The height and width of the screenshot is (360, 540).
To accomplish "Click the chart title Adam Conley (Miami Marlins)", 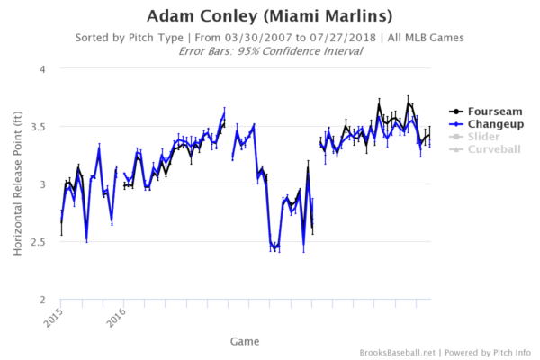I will click(270, 16).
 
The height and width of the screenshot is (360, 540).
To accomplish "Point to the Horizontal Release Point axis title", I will click(18, 184).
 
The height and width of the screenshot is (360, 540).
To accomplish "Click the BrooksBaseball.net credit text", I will click(397, 352).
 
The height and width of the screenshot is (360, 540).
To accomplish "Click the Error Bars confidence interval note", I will click(270, 51).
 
